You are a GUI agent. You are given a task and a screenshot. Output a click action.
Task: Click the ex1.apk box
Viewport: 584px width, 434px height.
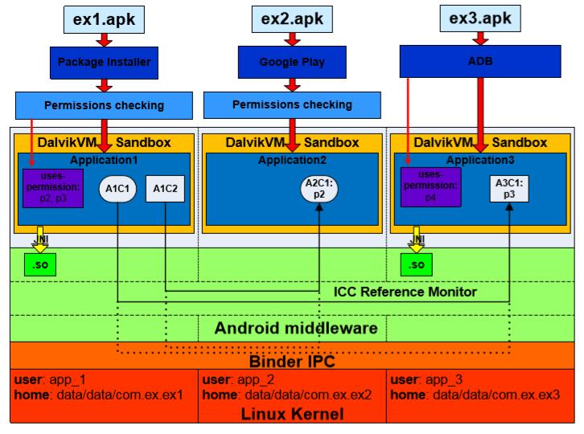tap(104, 17)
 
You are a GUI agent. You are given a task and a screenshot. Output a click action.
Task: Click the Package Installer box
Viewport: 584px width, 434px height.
tap(104, 60)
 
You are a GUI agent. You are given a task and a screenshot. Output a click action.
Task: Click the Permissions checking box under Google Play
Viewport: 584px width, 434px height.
tap(292, 104)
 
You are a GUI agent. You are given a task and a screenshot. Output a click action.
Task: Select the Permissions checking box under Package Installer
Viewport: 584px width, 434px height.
tap(104, 105)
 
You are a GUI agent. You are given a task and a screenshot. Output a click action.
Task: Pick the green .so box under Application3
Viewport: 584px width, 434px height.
tap(416, 264)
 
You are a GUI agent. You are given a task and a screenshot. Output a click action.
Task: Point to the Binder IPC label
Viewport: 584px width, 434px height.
tap(291, 361)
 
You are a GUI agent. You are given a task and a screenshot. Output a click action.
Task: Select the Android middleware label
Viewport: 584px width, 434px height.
tap(297, 328)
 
